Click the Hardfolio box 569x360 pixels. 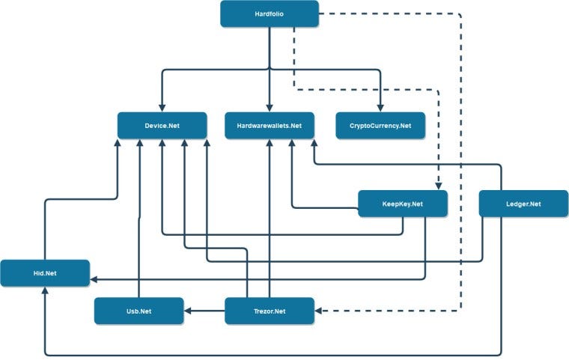(x=269, y=13)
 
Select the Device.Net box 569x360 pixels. (x=162, y=125)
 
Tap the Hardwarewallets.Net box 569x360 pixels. (x=270, y=125)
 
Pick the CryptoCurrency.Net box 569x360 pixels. (x=380, y=125)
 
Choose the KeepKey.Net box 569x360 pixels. (x=402, y=204)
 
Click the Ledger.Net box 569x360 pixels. (x=523, y=204)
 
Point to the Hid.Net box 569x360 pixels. (x=45, y=273)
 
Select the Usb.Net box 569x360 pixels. (x=139, y=311)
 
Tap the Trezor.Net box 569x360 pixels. (x=270, y=311)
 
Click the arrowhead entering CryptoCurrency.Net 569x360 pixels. (x=380, y=108)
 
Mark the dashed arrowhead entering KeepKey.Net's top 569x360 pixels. (x=438, y=186)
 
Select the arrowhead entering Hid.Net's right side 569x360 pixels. (x=94, y=281)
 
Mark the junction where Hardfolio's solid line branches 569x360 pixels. (x=270, y=70)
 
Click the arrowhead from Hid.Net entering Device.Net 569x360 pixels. (x=118, y=144)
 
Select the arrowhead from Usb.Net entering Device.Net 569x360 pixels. (x=139, y=144)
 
